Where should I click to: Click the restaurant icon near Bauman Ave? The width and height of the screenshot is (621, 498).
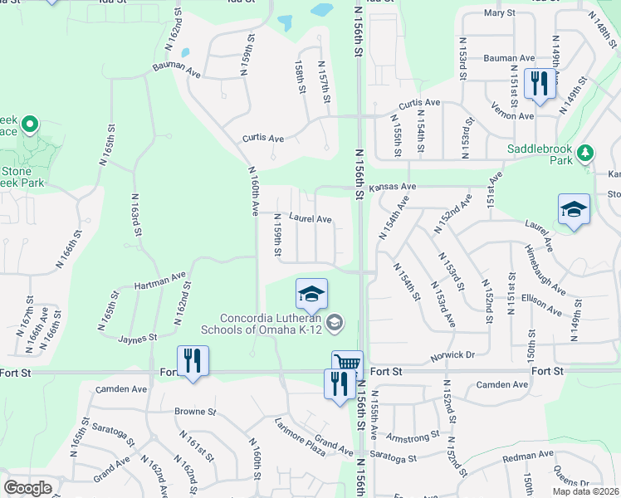[x=540, y=83]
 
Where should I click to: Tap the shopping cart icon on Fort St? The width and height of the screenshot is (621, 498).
[x=347, y=364]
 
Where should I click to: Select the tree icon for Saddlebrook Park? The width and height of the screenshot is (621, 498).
[x=586, y=153]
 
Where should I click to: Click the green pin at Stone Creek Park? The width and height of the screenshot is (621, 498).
[x=30, y=125]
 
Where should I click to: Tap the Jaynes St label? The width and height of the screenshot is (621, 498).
[x=137, y=339]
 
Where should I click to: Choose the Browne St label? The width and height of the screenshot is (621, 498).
[x=195, y=411]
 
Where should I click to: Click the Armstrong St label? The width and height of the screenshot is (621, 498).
[x=413, y=437]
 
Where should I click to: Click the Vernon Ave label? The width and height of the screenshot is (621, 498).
[x=515, y=116]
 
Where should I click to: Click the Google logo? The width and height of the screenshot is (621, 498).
[x=27, y=488]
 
